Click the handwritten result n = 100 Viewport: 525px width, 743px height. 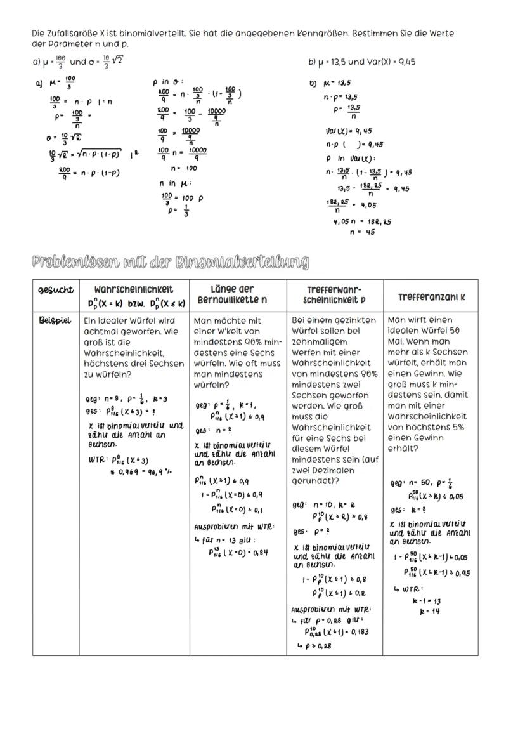[184, 168]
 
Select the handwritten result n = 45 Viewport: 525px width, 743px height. [362, 232]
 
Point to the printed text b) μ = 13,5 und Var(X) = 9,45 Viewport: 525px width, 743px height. [361, 62]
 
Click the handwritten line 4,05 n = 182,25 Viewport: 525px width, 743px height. [362, 222]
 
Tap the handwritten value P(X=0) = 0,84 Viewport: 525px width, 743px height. [238, 552]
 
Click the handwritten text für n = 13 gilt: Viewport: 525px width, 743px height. [226, 540]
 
